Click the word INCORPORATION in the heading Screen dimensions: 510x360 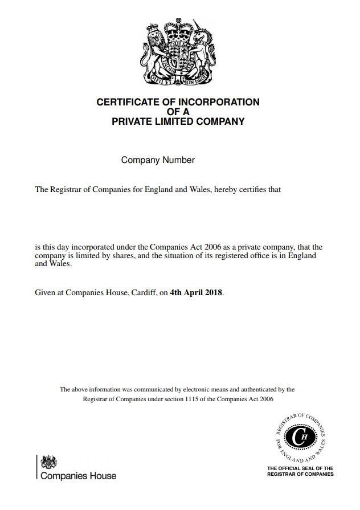coord(223,103)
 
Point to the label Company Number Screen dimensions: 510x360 coord(158,160)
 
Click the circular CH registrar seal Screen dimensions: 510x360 coord(300,437)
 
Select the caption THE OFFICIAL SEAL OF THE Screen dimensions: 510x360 coord(300,468)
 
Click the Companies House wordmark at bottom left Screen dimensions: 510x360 coord(78,476)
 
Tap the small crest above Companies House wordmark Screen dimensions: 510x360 coord(49,462)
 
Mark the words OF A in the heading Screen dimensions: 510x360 coord(178,112)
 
